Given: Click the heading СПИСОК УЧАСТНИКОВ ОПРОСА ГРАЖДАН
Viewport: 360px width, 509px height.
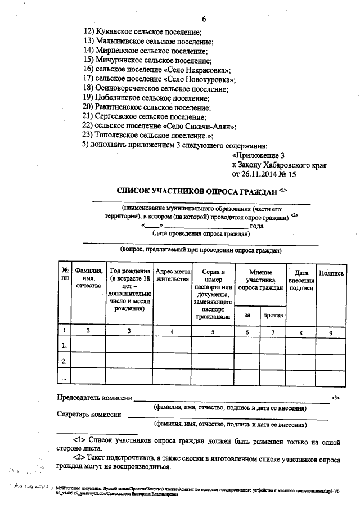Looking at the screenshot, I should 196,192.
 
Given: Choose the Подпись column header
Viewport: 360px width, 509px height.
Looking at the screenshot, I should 331,273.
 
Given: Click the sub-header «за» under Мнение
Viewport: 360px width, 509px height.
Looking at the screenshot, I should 247,315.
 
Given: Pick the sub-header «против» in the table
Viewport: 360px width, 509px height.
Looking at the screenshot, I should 273,315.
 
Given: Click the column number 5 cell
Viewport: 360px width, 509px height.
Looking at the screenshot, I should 213,331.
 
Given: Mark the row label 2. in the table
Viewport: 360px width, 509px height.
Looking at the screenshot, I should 65,361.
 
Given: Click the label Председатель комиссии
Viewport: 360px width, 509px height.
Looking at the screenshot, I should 93,399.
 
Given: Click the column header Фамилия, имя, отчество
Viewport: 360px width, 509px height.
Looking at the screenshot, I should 88,278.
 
